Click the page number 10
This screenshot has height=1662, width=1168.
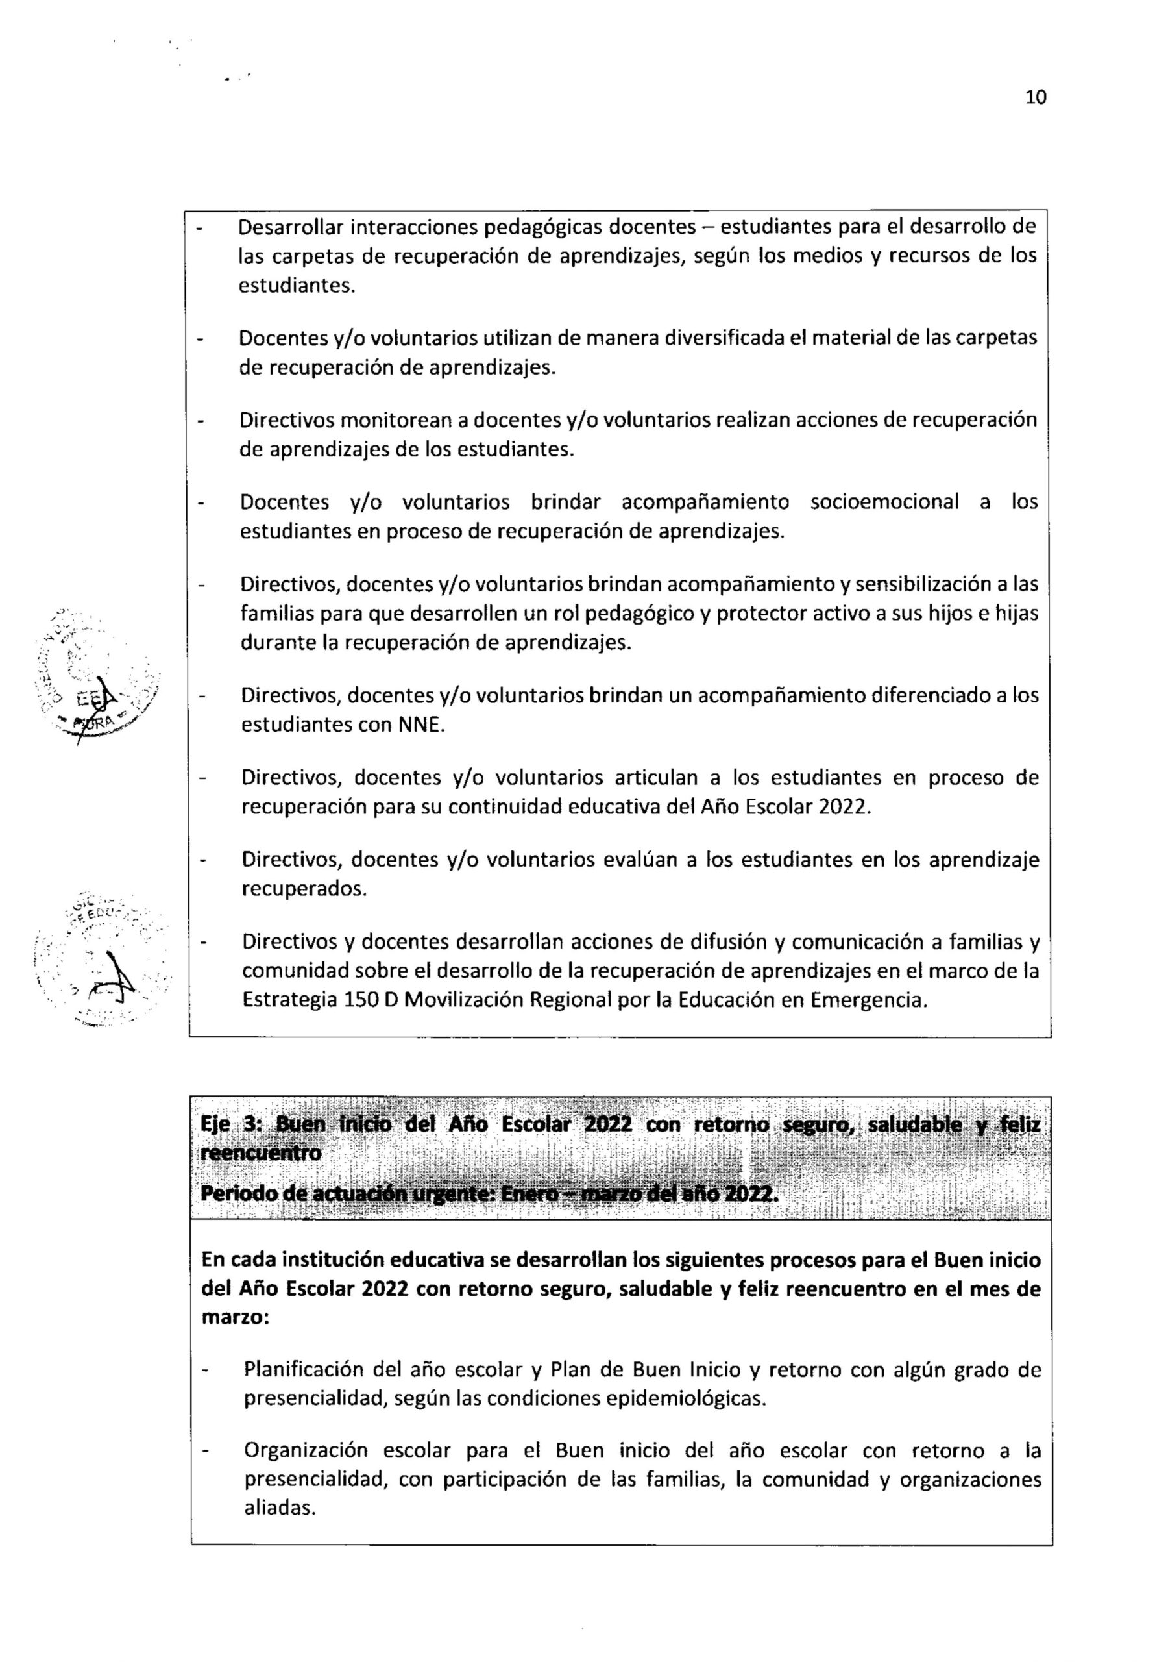(x=1036, y=98)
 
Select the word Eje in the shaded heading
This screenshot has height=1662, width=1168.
(x=214, y=1124)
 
